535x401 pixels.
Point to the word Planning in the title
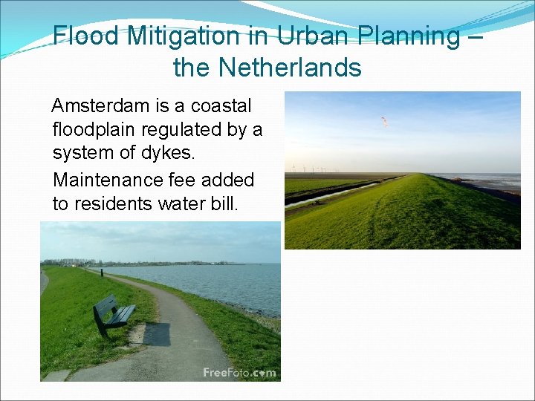click(411, 36)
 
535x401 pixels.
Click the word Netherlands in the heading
click(290, 68)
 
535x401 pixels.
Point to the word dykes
click(174, 154)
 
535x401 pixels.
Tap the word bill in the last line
click(224, 203)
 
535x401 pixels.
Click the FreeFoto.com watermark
click(239, 373)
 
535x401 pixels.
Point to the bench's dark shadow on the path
click(156, 333)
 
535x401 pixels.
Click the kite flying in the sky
click(384, 120)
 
